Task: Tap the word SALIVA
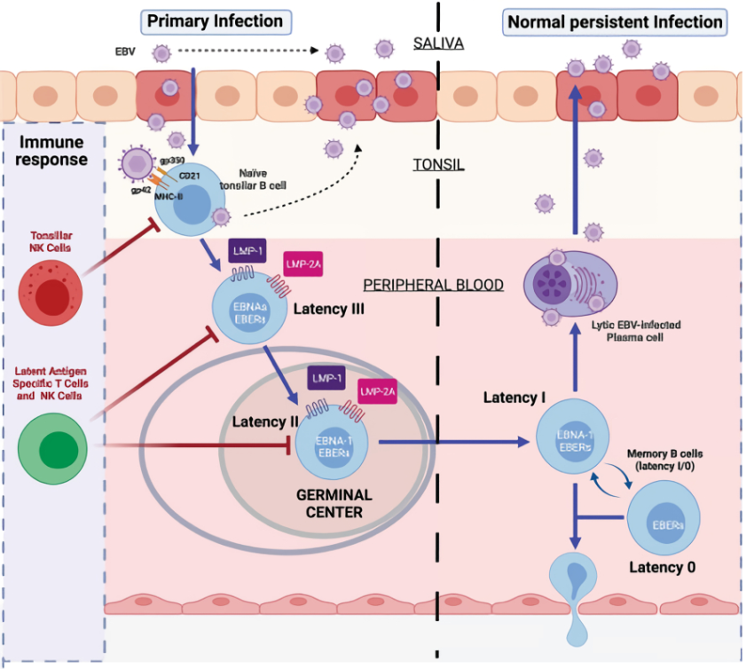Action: click(x=440, y=43)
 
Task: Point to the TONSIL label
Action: click(x=440, y=165)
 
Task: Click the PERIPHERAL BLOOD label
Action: click(x=433, y=285)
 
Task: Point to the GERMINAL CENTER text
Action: click(x=334, y=503)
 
